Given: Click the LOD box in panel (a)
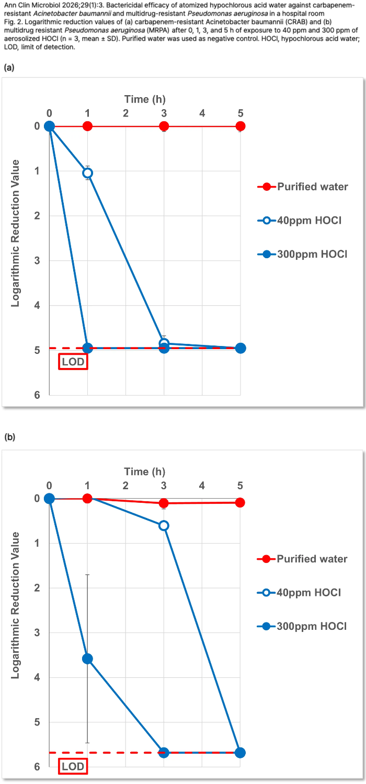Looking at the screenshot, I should (73, 362).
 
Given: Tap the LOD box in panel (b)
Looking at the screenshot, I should (73, 766).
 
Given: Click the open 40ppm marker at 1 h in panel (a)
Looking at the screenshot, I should (88, 173).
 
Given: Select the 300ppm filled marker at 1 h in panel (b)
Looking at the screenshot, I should (88, 659).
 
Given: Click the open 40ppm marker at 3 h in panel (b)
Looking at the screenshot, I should (164, 525).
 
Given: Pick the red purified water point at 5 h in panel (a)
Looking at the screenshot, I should (241, 126).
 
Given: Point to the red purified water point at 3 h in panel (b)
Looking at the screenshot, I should (164, 503).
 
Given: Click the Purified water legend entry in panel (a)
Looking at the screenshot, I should (312, 187).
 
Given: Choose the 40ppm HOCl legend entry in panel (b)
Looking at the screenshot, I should (309, 593).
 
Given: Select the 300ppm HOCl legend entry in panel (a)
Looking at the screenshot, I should (312, 255).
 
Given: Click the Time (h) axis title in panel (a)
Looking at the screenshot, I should (145, 99).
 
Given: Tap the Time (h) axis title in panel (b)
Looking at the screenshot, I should (145, 471).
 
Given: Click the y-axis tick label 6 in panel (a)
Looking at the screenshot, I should (37, 395).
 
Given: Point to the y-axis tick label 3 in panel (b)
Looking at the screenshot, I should (37, 633).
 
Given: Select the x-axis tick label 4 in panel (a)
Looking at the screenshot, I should (202, 113).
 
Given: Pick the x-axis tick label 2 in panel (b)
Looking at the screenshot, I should (125, 486).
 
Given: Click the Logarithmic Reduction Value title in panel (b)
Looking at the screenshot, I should (16, 605).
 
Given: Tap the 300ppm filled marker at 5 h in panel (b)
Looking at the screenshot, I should (241, 753).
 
